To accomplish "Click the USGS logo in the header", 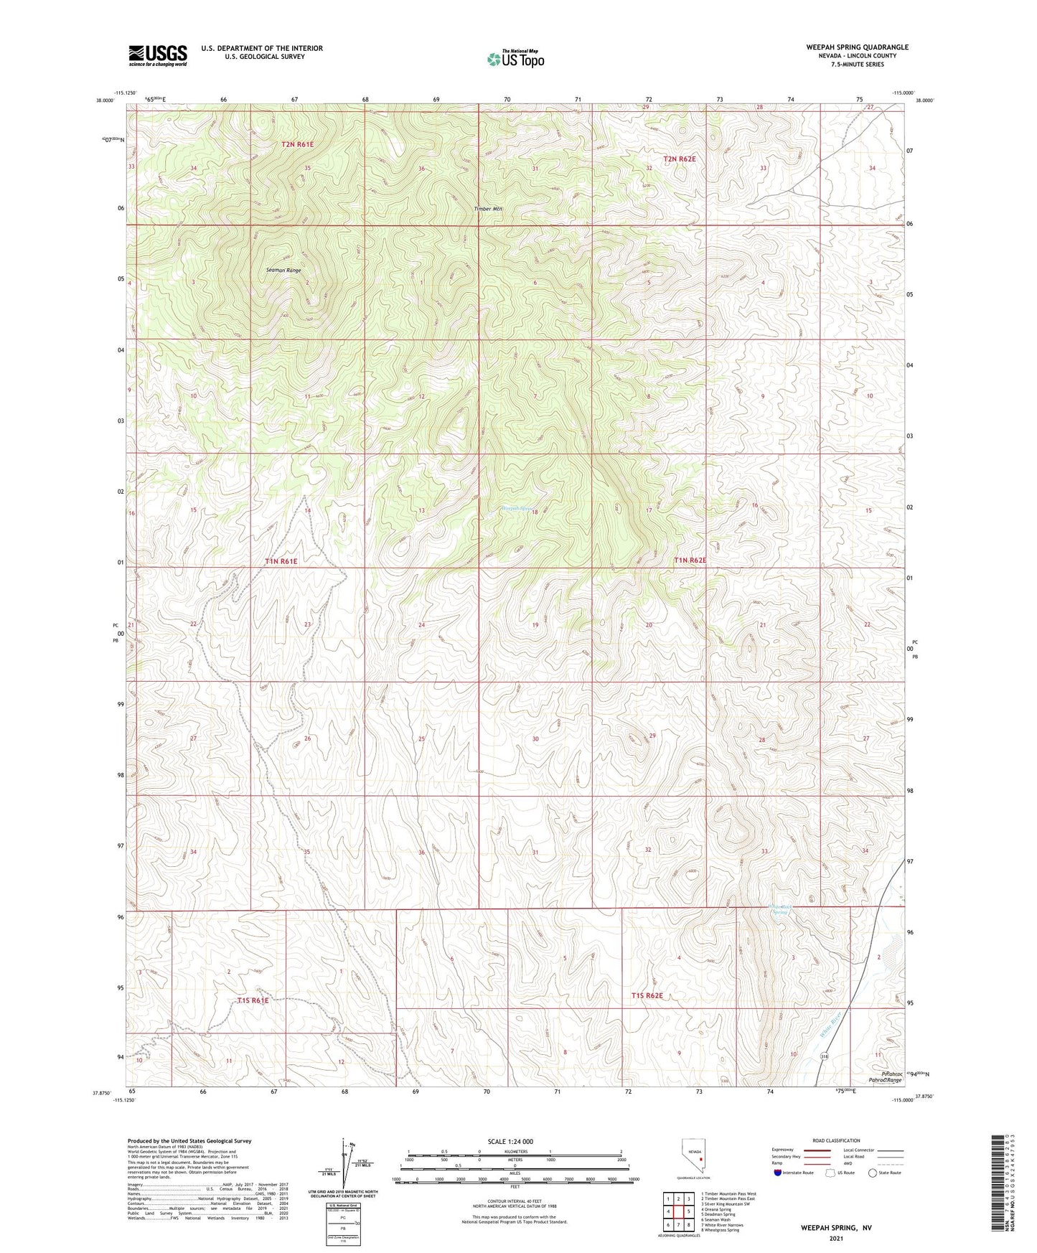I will [x=158, y=55].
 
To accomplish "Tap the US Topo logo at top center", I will [x=515, y=59].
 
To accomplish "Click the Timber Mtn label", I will [x=488, y=209].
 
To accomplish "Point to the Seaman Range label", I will [x=283, y=271].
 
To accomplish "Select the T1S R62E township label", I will [x=647, y=995].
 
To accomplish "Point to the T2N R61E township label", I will [x=297, y=144].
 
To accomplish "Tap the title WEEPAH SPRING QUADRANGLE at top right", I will [x=856, y=47].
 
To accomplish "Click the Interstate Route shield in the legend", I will [x=778, y=1173].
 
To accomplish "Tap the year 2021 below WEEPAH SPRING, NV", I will [x=836, y=1238].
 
